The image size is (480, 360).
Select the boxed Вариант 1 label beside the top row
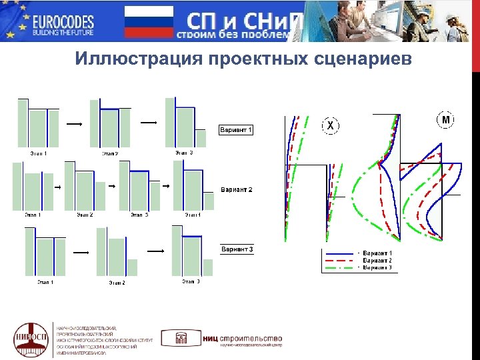tap(236, 129)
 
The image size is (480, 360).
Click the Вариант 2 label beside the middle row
tap(237, 190)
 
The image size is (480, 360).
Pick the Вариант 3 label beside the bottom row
tap(237, 250)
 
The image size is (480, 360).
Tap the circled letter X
tap(330, 125)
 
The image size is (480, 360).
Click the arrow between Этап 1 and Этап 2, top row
tap(75, 124)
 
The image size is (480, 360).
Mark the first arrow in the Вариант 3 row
tap(81, 253)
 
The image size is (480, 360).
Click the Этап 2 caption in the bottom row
tap(117, 283)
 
